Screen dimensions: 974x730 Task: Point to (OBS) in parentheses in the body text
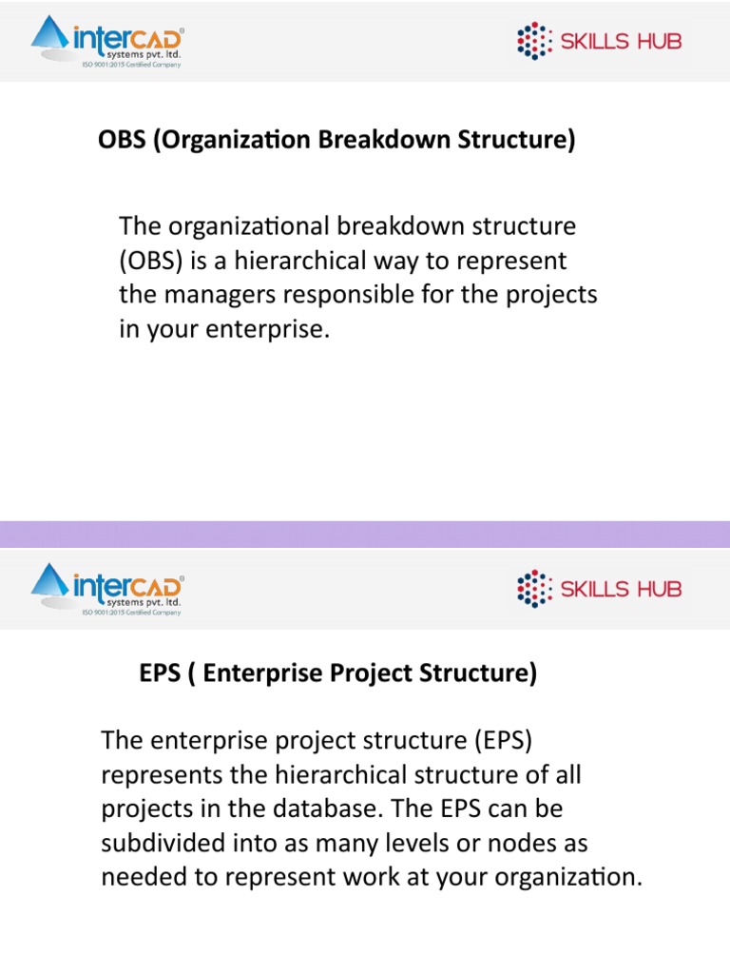coord(149,261)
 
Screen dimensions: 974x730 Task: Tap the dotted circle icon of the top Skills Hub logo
coord(534,41)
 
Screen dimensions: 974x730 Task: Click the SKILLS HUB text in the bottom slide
coord(621,589)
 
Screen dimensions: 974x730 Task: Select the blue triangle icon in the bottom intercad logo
coord(50,584)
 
